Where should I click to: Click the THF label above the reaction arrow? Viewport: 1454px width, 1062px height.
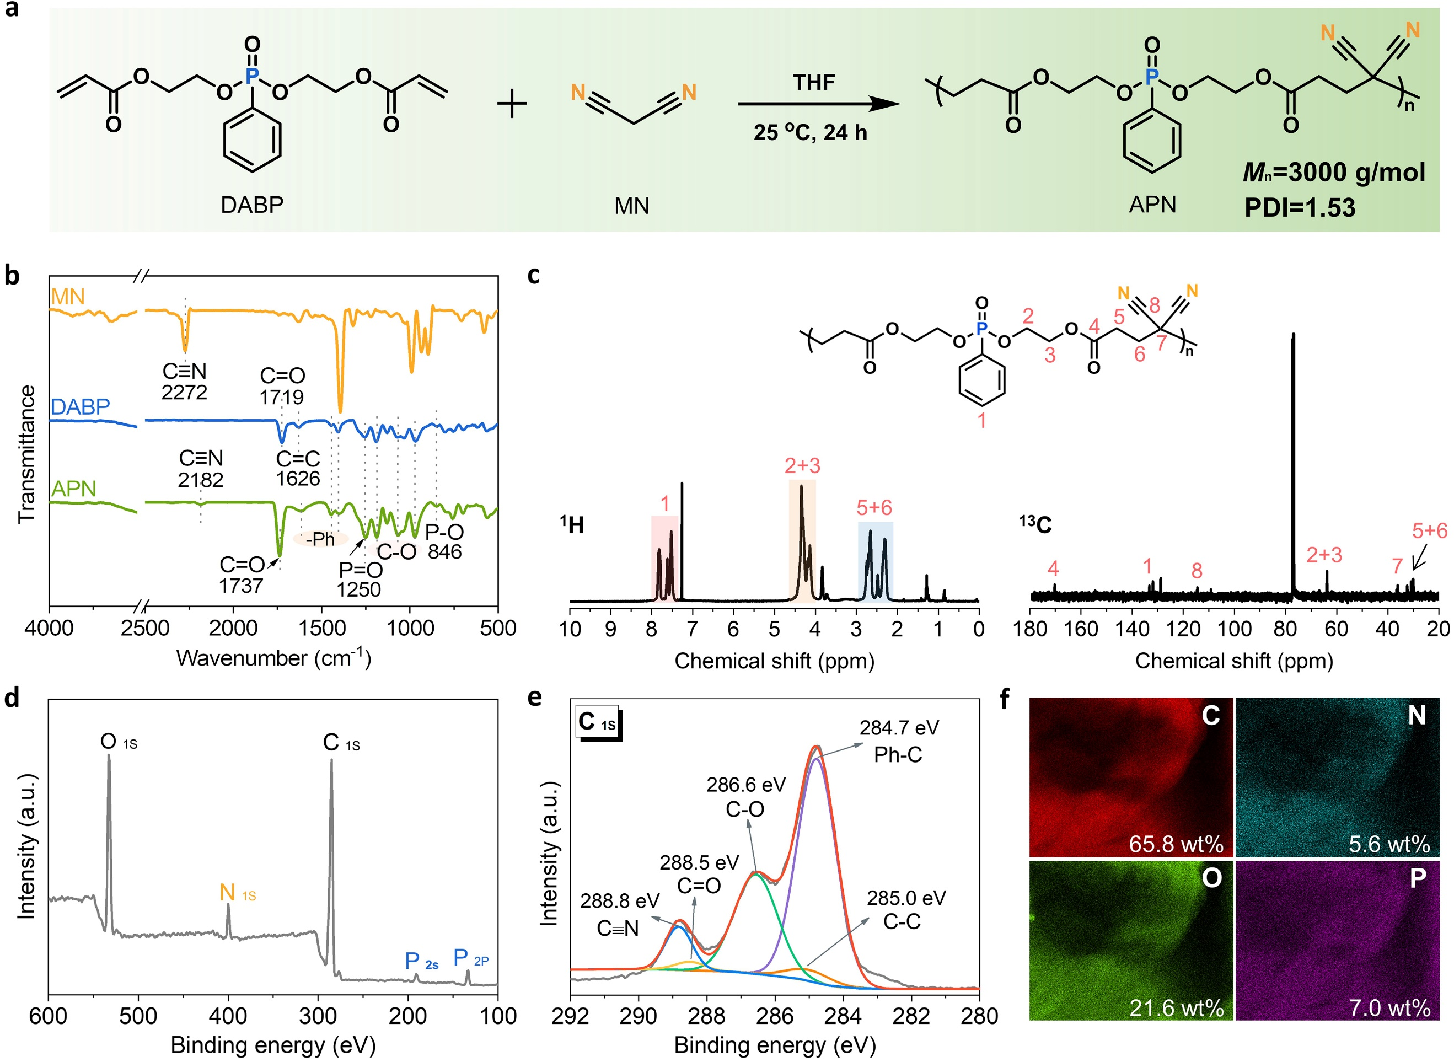click(x=813, y=82)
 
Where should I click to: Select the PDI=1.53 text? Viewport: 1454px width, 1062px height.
click(x=1300, y=208)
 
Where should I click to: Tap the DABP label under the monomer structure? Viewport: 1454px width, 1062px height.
click(x=252, y=205)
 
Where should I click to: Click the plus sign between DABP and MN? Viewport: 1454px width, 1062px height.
click(x=512, y=104)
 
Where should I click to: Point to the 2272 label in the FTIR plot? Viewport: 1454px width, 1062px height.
click(x=185, y=392)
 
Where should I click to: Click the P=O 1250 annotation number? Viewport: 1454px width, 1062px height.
click(x=359, y=589)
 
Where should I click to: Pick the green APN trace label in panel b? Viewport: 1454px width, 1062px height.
click(x=73, y=489)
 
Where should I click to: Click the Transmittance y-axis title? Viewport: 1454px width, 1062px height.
click(x=26, y=454)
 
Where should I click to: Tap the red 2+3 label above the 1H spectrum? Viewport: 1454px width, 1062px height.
click(x=802, y=465)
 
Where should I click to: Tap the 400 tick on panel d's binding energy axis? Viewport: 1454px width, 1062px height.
click(x=228, y=1016)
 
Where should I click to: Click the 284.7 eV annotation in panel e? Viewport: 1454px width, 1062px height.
click(x=899, y=727)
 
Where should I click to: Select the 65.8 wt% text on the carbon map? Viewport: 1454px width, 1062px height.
click(x=1176, y=844)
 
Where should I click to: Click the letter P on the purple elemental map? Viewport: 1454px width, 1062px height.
click(x=1418, y=878)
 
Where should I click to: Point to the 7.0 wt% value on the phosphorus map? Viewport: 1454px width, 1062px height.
click(x=1389, y=1007)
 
